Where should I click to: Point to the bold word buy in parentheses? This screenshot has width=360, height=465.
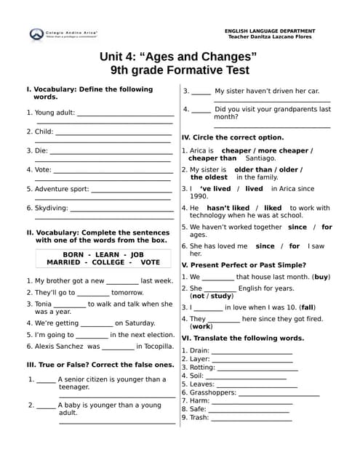321,277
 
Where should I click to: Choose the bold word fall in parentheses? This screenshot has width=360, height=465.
308,307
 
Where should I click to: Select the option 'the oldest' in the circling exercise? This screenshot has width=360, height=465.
209,177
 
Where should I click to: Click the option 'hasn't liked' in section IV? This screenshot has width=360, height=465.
228,208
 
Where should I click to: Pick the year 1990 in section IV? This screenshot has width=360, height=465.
199,196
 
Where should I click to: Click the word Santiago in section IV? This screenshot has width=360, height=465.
260,158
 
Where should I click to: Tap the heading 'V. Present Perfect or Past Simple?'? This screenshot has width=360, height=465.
244,265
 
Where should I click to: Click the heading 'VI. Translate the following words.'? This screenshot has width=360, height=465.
243,338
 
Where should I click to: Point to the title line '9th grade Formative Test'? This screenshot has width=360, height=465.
180,70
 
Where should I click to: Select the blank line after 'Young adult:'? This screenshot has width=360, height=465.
125,114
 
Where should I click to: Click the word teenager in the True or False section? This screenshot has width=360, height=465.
74,387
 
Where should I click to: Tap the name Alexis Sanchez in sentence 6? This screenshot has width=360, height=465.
60,347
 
